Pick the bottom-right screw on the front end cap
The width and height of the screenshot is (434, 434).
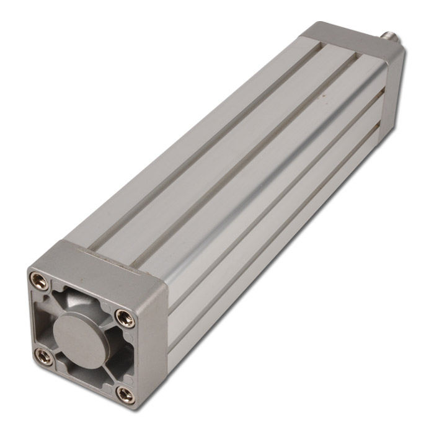(125, 394)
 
